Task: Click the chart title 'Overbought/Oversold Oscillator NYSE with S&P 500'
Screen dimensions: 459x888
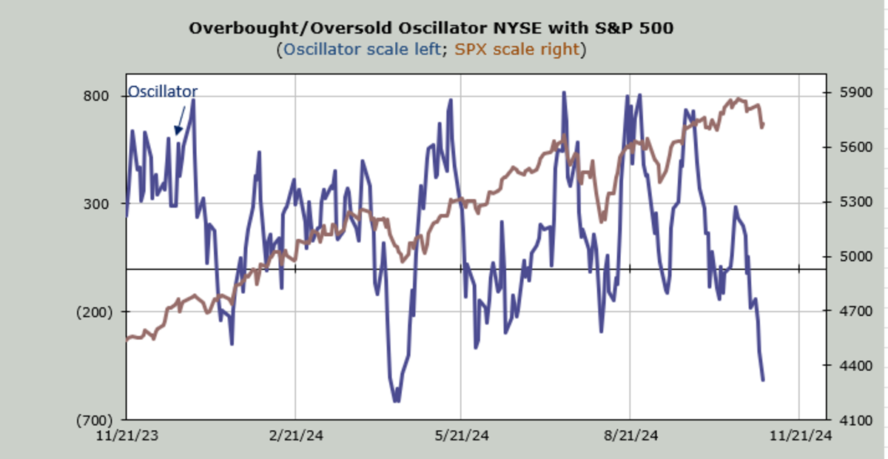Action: point(431,28)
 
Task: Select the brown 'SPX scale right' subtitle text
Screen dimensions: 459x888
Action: point(517,50)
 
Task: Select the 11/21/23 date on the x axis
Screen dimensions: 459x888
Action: point(126,436)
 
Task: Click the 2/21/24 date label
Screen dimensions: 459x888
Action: point(295,436)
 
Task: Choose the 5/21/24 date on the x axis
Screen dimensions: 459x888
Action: point(461,436)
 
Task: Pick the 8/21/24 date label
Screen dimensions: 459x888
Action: point(630,436)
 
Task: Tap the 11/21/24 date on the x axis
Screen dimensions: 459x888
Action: point(799,436)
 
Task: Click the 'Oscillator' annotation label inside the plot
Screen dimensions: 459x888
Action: point(163,92)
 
